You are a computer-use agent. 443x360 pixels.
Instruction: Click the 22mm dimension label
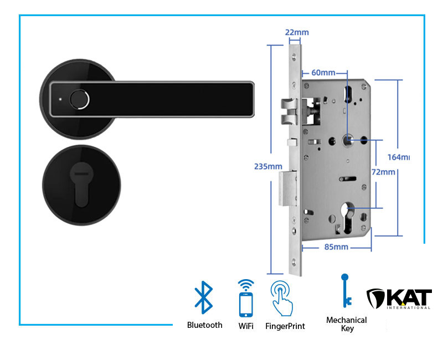point(297,32)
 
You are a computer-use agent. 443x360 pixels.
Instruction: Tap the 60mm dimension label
point(323,73)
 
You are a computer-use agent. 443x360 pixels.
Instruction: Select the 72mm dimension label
point(383,172)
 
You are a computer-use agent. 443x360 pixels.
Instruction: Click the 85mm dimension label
point(337,246)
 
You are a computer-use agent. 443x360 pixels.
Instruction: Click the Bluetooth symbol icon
point(204,297)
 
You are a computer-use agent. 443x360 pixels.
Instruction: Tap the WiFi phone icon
point(246,297)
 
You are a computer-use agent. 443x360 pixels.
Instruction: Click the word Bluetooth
point(204,325)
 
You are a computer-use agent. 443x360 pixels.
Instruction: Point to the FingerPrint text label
point(285,326)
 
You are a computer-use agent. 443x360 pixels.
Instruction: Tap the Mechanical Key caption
point(347,324)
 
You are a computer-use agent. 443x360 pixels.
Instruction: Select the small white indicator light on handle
point(60,100)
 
